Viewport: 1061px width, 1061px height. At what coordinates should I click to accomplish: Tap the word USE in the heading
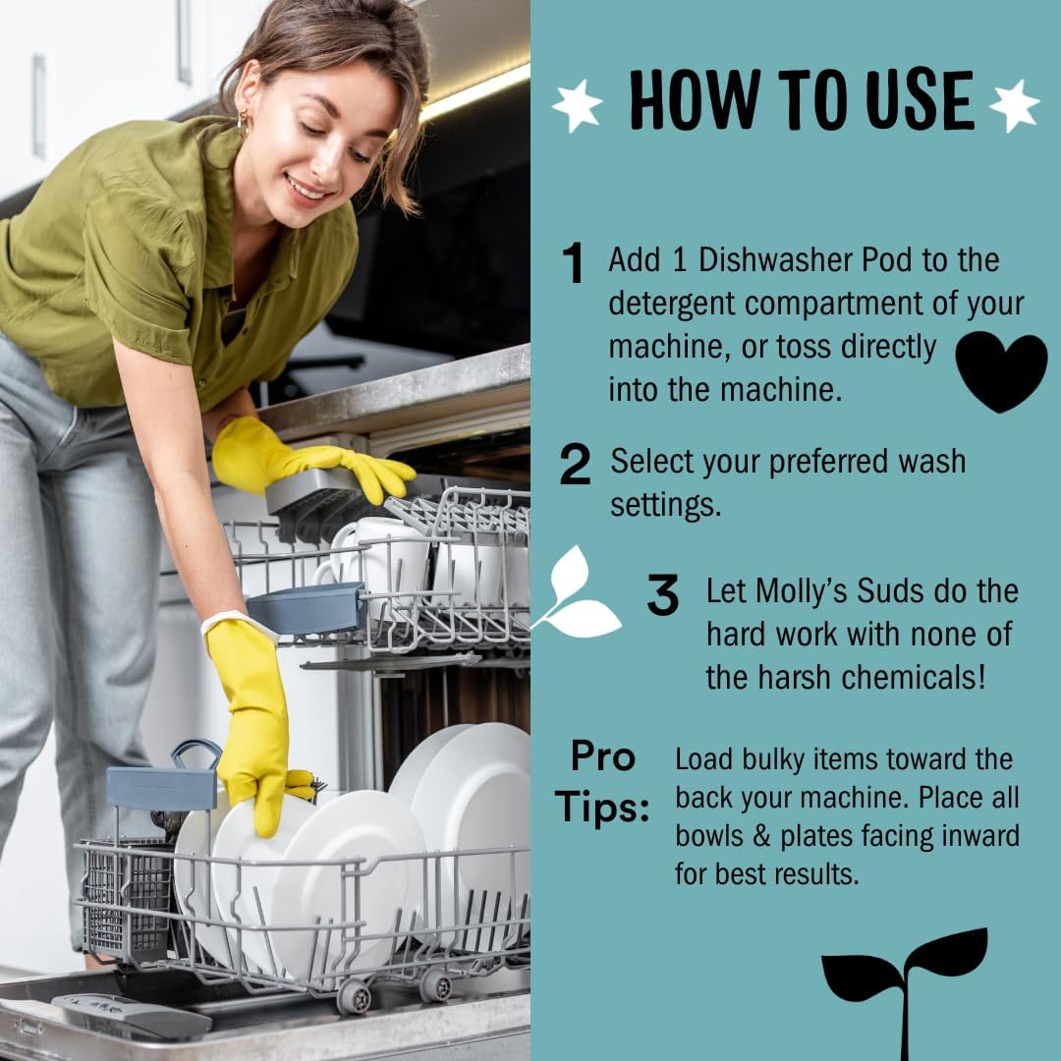[x=921, y=99]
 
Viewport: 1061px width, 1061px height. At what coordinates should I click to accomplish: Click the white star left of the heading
[x=578, y=105]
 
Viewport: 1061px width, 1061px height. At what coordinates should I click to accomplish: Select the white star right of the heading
[x=1014, y=105]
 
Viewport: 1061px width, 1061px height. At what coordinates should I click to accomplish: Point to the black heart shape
[x=1001, y=369]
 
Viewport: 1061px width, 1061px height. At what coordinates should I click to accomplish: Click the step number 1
[x=573, y=262]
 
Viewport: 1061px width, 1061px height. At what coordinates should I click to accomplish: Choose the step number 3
[x=662, y=594]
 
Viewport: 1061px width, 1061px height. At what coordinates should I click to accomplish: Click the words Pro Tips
[x=602, y=781]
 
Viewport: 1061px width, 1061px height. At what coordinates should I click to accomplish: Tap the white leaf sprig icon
[x=576, y=594]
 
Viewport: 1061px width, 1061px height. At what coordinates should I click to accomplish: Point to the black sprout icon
[x=905, y=990]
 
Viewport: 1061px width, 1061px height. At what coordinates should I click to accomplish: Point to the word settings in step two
[x=666, y=506]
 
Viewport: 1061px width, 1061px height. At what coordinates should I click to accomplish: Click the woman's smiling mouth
[x=308, y=188]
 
